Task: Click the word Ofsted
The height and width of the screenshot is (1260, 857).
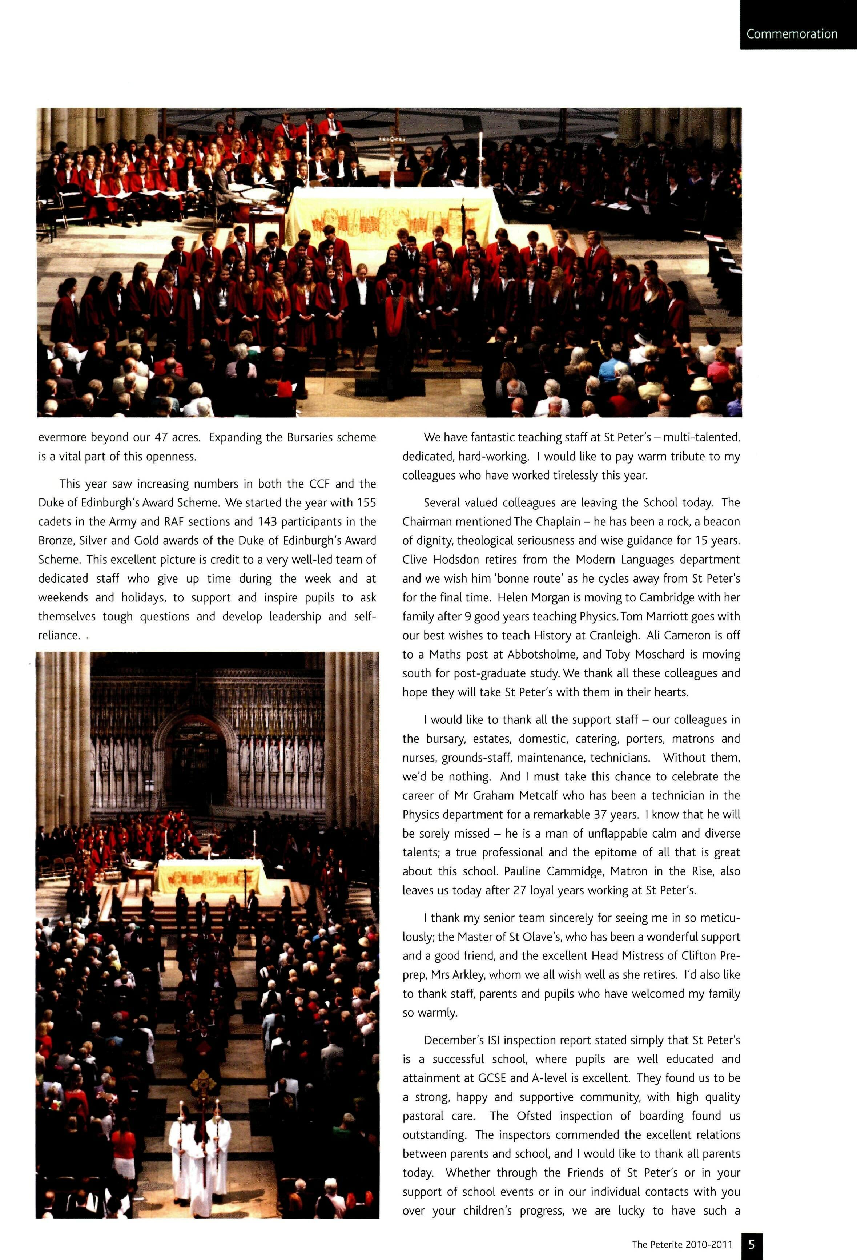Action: point(535,1116)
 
